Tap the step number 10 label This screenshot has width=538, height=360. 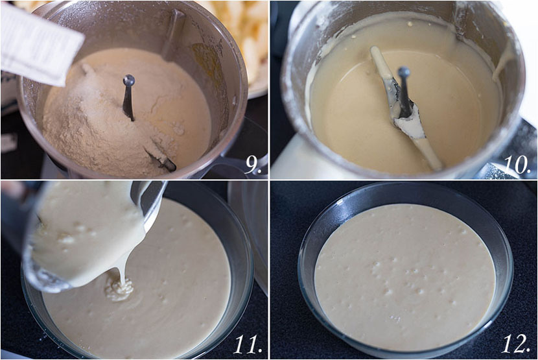(x=517, y=165)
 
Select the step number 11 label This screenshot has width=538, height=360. (x=247, y=344)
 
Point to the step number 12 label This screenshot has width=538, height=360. (x=517, y=344)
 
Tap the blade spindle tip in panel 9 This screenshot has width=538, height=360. (x=129, y=80)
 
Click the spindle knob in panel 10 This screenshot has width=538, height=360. (x=403, y=72)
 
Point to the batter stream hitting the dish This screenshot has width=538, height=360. (x=119, y=289)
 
